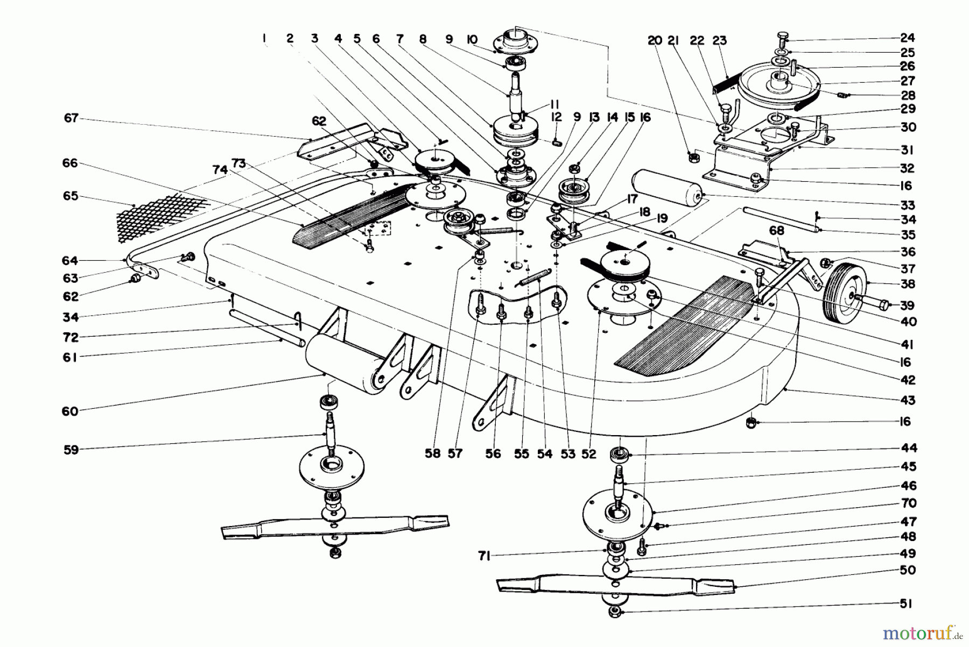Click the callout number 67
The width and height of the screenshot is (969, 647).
coord(71,118)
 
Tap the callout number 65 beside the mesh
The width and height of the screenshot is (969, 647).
coord(71,196)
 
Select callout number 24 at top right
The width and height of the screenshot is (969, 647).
coord(908,38)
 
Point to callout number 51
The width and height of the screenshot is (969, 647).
coord(907,604)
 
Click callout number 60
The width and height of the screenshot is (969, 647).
coord(70,411)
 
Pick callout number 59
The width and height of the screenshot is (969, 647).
coord(71,450)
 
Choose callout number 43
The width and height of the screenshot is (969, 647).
coord(907,400)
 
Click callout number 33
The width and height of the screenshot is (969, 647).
coord(908,205)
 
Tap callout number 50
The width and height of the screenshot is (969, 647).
coord(908,570)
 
